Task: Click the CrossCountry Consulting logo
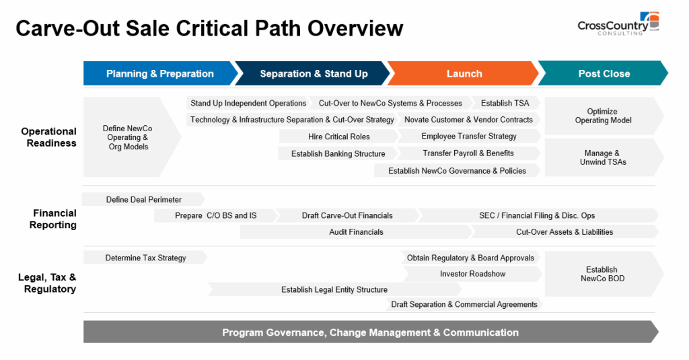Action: tap(618, 24)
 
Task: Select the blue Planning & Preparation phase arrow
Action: tap(160, 73)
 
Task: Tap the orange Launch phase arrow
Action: tap(463, 73)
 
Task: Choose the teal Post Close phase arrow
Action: tap(603, 73)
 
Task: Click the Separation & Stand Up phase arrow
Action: tap(312, 73)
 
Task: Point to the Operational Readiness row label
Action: tap(48, 137)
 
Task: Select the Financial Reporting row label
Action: tap(53, 219)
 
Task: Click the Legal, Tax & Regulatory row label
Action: tap(48, 283)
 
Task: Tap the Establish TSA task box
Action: tap(505, 103)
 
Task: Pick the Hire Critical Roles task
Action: tap(339, 137)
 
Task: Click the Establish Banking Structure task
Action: tap(338, 153)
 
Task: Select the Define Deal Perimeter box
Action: tap(144, 199)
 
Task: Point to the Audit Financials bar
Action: tap(356, 231)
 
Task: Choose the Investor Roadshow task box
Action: tap(472, 274)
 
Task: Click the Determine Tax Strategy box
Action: tap(145, 258)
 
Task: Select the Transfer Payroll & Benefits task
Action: tap(468, 153)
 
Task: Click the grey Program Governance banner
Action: tap(371, 332)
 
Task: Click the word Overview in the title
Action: tap(355, 28)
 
